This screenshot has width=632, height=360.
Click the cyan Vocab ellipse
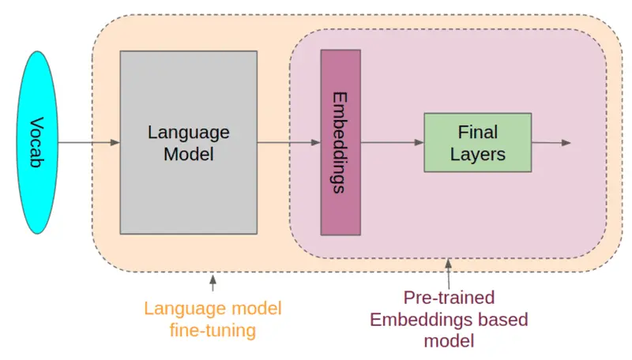tap(37, 142)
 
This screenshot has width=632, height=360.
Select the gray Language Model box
tap(189, 142)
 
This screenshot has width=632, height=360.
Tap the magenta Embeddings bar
tap(340, 142)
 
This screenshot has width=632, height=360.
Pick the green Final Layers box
tap(478, 143)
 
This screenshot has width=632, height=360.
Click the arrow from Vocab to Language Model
tap(89, 142)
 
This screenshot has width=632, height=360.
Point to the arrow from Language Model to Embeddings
tap(289, 142)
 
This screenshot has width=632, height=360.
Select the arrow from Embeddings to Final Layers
tap(393, 142)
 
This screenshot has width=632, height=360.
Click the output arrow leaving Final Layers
tap(551, 143)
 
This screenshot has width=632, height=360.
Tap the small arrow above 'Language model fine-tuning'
tap(213, 283)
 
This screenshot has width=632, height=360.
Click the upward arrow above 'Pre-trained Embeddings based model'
tap(448, 274)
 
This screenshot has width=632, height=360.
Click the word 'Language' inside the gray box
tap(189, 133)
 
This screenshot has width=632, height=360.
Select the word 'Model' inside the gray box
tap(189, 154)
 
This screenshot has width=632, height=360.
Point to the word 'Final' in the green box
tap(478, 132)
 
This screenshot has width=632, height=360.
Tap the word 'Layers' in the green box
tap(478, 154)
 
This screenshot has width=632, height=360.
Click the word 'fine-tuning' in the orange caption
tap(213, 330)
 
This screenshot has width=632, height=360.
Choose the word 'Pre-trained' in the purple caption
tap(449, 298)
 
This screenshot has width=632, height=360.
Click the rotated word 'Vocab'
tap(36, 142)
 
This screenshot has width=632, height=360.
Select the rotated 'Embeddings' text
tap(340, 143)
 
